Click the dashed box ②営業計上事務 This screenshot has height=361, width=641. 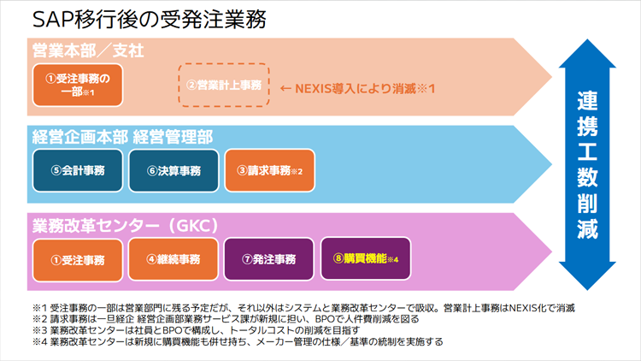click(x=223, y=85)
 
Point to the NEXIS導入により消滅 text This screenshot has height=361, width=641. click(x=358, y=87)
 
